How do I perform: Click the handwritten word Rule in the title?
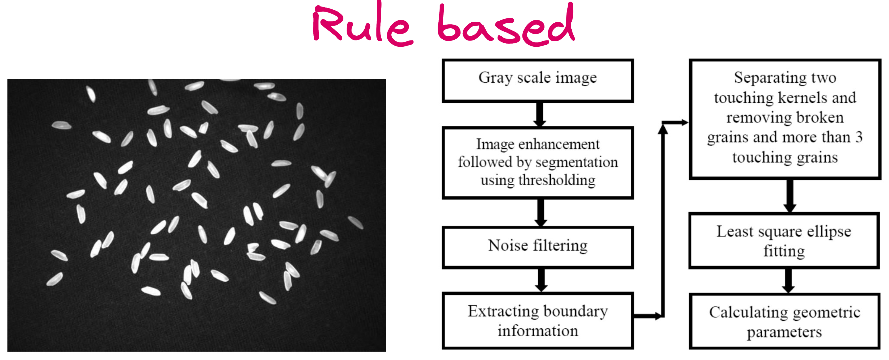(362, 26)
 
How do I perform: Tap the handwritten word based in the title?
(505, 26)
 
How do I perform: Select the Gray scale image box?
(537, 80)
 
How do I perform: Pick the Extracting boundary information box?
(537, 321)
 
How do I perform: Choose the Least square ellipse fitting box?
(784, 241)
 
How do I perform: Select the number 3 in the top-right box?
(859, 137)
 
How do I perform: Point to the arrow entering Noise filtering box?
(541, 213)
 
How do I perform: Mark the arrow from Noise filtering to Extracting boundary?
(541, 280)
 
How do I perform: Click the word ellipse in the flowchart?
(829, 231)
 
